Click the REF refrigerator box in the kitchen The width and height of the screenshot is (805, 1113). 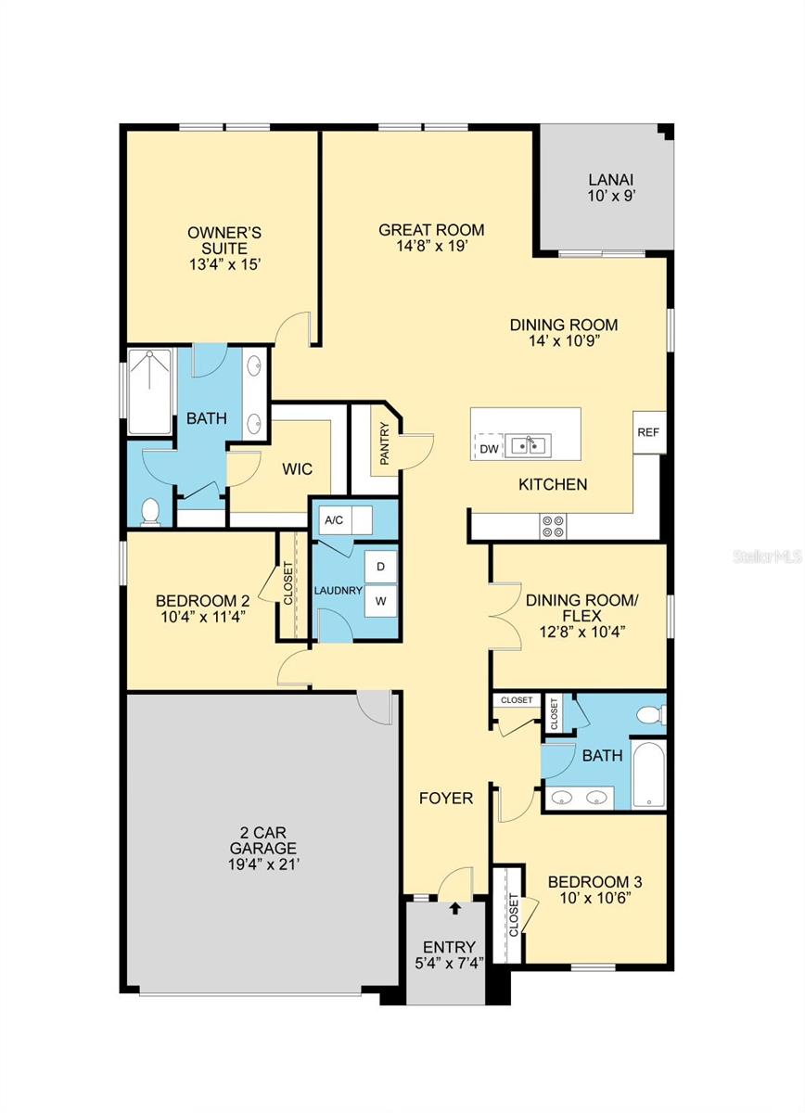click(x=649, y=432)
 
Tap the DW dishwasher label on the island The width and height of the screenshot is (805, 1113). click(x=489, y=449)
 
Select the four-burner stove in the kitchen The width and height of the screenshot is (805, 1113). click(x=554, y=526)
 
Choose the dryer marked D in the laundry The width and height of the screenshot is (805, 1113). click(x=381, y=567)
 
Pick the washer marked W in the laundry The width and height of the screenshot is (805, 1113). click(x=381, y=601)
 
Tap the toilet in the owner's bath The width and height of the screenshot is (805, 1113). click(x=149, y=512)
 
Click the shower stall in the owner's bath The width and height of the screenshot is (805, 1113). click(x=149, y=391)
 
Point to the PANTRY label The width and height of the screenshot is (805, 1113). click(x=384, y=443)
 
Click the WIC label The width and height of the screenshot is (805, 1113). click(x=297, y=468)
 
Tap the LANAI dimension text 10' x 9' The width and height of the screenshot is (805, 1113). click(x=612, y=196)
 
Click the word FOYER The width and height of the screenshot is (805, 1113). click(x=446, y=798)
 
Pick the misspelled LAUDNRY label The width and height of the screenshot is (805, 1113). click(x=338, y=591)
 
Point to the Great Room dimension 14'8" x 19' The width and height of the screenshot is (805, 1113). click(x=431, y=246)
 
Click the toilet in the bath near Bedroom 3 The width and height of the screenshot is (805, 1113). click(x=651, y=715)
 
